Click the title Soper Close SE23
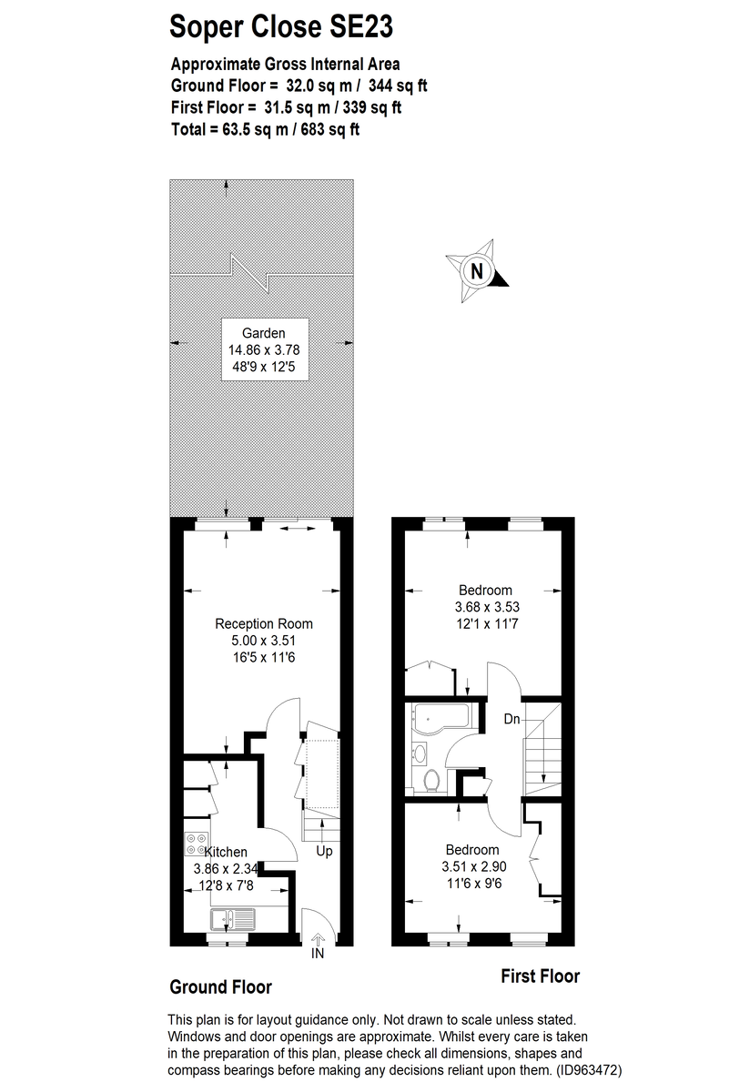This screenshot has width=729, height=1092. [281, 27]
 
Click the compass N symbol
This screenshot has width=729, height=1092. [476, 270]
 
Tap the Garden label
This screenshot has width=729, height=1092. [264, 333]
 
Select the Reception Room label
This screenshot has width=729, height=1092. [264, 624]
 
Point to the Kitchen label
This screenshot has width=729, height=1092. [226, 852]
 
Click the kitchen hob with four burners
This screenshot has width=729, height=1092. [195, 844]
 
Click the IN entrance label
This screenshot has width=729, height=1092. [318, 954]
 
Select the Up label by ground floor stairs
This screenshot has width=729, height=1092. [324, 852]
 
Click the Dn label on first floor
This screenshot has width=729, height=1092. [512, 719]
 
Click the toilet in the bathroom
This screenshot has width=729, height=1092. [433, 778]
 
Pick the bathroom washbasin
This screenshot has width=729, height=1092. [420, 752]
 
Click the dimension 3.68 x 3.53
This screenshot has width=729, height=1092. [487, 607]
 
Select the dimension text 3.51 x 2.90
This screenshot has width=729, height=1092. [472, 867]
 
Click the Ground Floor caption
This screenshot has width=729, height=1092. [221, 987]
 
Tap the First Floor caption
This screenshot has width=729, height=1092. [541, 976]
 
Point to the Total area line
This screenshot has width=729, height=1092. [266, 129]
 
